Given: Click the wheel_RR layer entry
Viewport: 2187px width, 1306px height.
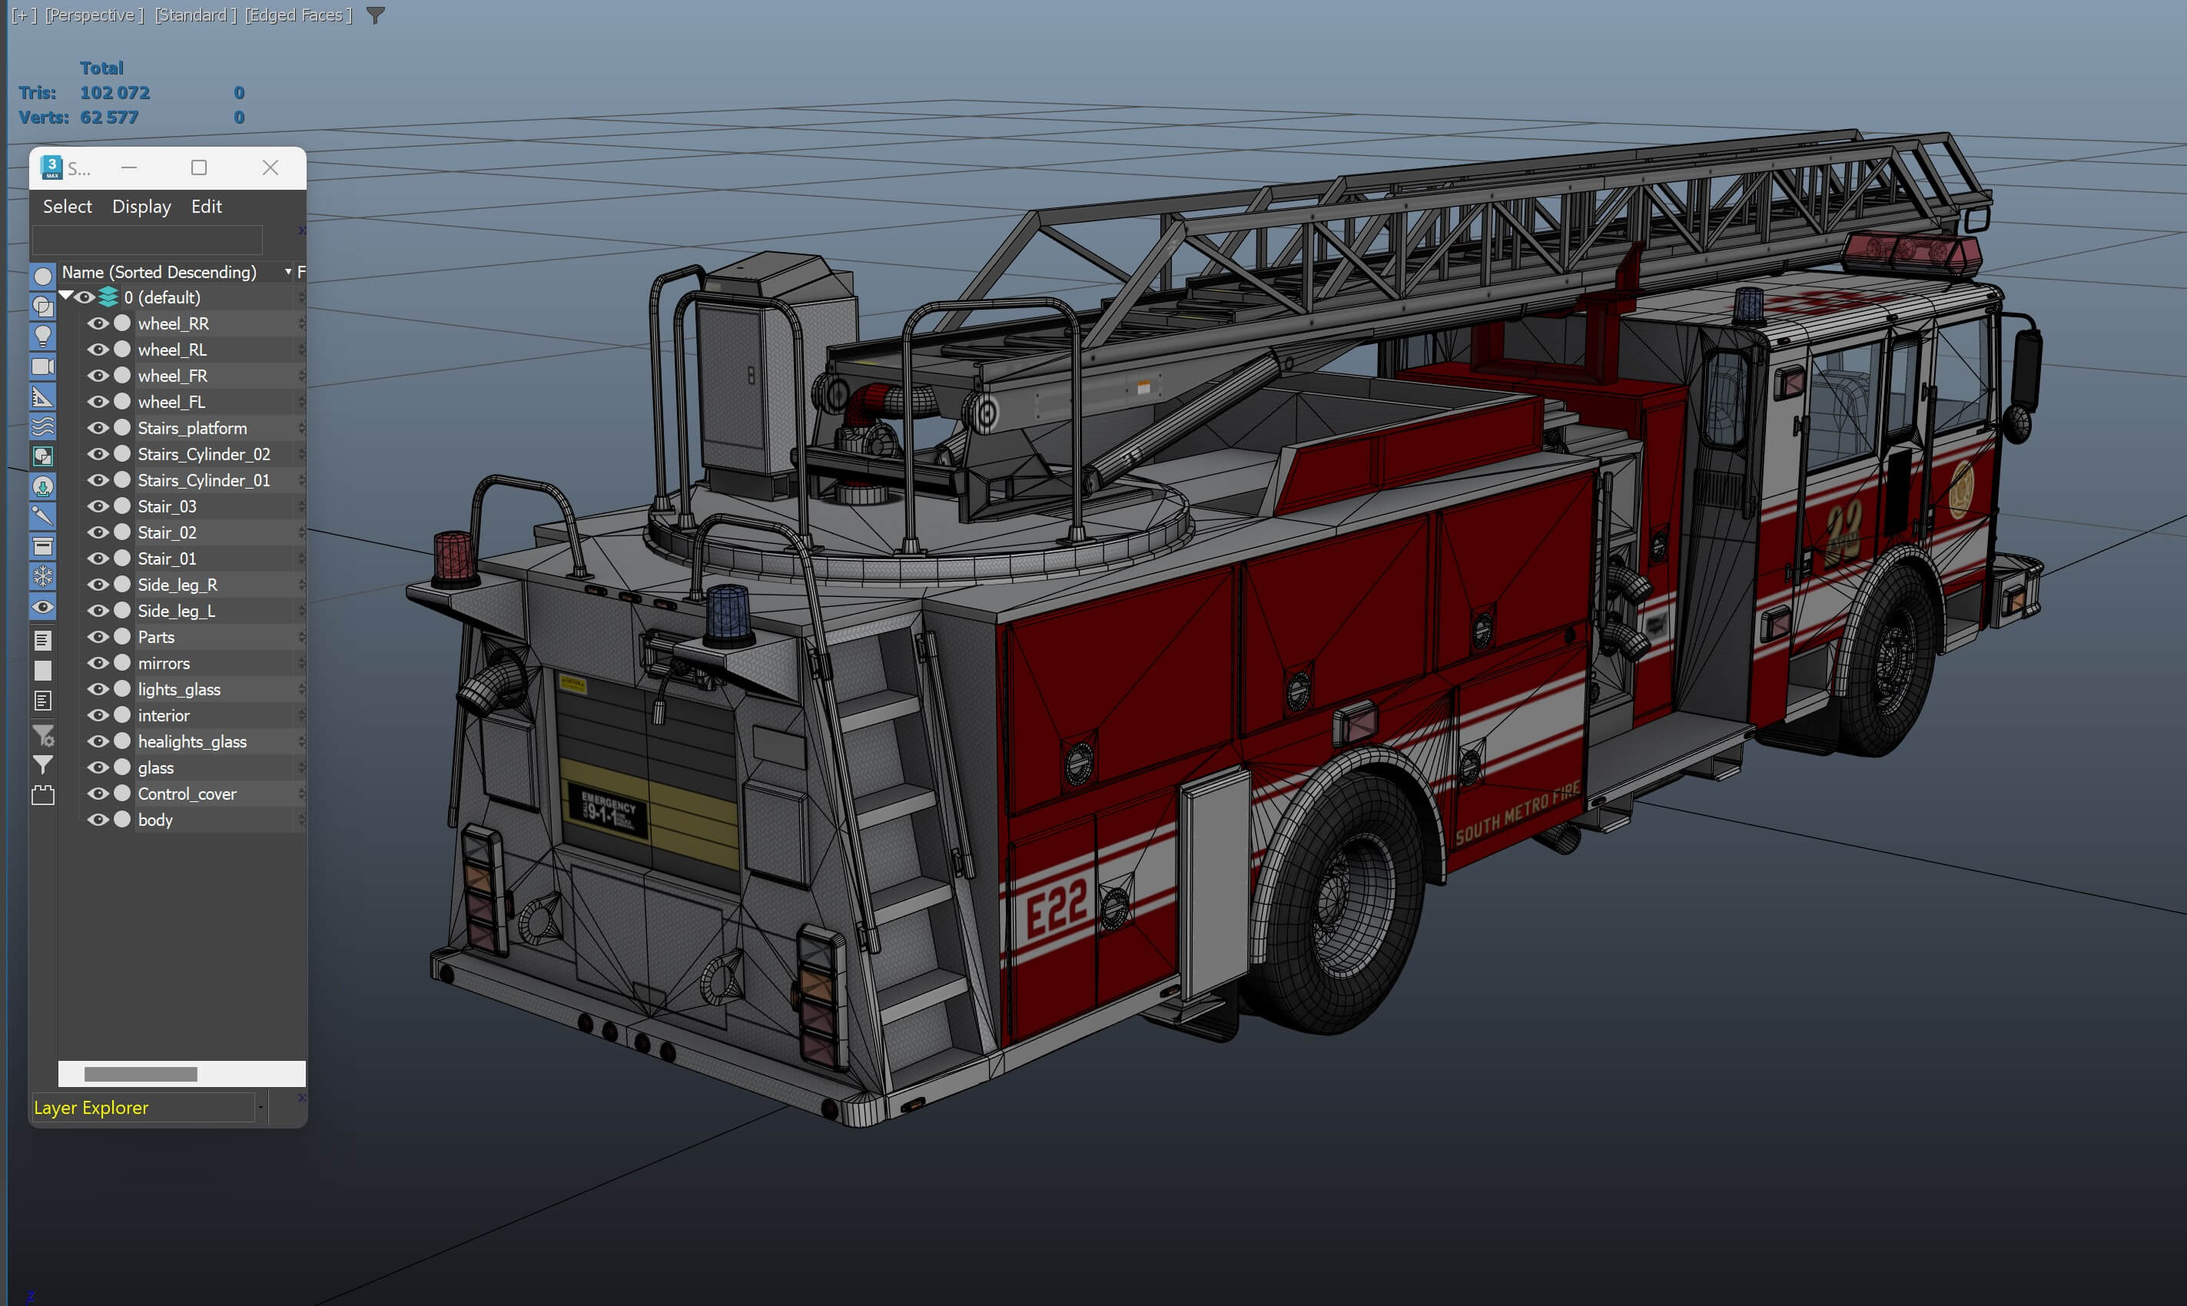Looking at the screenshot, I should tap(174, 324).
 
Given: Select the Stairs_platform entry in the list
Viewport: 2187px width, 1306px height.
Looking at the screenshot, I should tap(192, 429).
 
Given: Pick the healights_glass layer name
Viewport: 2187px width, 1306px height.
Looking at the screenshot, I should tap(192, 742).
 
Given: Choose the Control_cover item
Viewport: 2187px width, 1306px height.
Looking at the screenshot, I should tap(187, 794).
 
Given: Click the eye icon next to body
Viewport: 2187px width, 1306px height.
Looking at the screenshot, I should tap(98, 820).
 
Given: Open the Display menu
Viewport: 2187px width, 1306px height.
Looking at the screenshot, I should tap(141, 207).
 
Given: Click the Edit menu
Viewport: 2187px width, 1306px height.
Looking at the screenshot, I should tap(206, 207).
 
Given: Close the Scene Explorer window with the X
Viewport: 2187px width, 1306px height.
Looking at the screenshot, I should tap(270, 168).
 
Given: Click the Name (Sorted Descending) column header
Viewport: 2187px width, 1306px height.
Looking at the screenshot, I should tap(159, 273).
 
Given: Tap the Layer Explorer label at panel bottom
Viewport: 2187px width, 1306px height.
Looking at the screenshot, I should tap(91, 1108).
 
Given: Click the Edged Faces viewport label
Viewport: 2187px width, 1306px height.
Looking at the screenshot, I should tap(297, 15).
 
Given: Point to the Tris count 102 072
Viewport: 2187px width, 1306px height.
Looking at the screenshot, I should tap(114, 92).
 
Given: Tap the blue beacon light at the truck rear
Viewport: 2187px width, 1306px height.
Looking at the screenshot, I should tap(728, 612).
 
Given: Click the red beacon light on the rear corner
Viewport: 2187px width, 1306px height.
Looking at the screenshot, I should tap(454, 558).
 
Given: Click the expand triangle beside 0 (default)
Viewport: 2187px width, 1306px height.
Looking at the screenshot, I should tap(66, 297).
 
